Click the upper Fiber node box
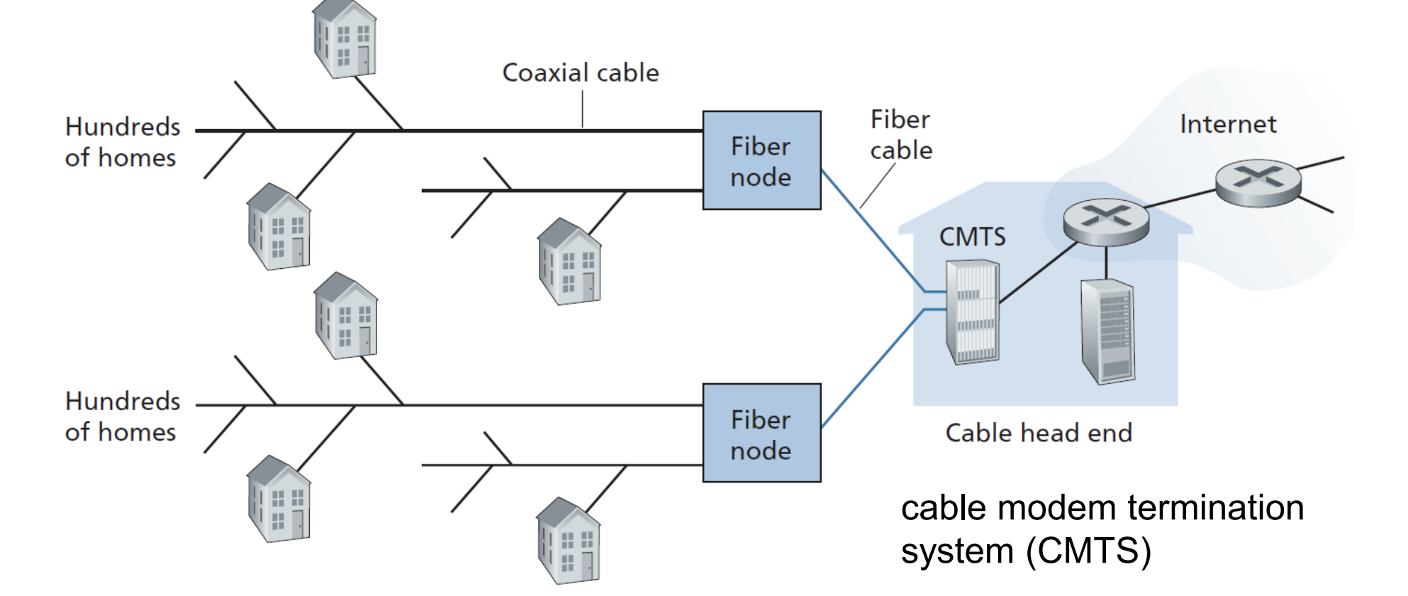[761, 160]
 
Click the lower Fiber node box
[761, 434]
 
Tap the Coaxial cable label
[581, 73]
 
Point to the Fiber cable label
[901, 135]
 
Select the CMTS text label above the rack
[972, 237]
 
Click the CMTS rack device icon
[973, 312]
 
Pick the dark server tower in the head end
[1107, 331]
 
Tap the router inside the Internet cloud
[1258, 182]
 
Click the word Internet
[1228, 125]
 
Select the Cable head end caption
[1039, 433]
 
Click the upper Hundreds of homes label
[122, 142]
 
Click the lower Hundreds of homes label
[122, 416]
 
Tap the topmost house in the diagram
[345, 39]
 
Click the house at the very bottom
[568, 541]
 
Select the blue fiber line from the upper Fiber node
[872, 230]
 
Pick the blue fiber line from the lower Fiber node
[872, 369]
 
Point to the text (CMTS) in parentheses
[1088, 551]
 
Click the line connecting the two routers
[1181, 199]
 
